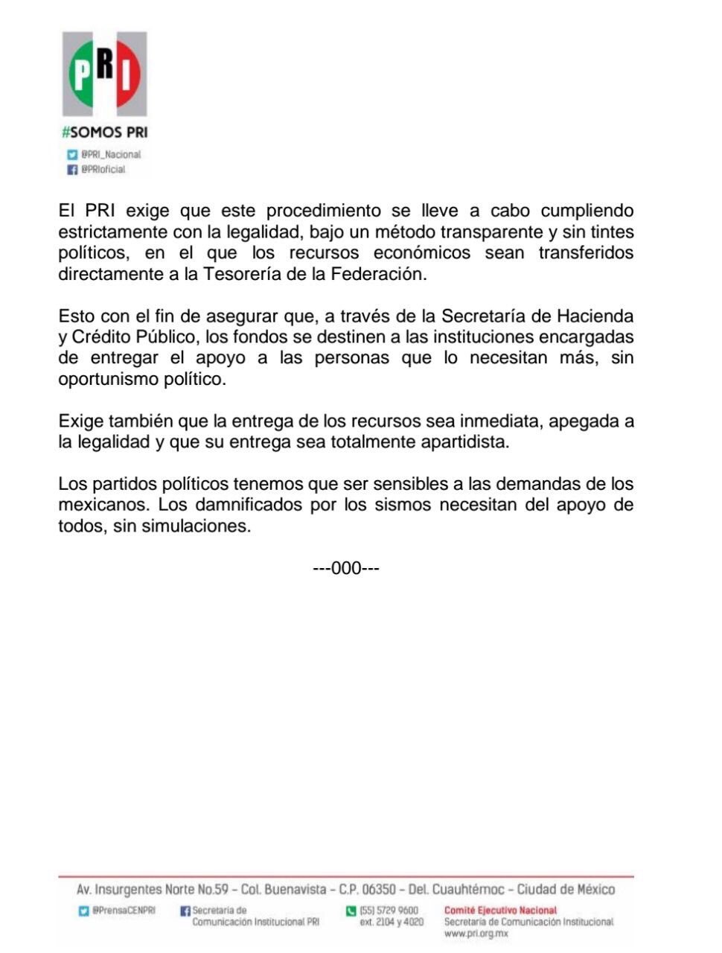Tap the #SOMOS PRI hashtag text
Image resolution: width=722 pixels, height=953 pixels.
point(104,133)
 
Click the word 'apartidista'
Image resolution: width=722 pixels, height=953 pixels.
point(459,442)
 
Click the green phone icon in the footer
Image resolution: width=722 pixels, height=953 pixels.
point(351,911)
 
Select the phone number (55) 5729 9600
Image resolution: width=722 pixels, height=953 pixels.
point(389,911)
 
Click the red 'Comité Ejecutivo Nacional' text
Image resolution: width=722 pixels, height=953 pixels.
point(500,910)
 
